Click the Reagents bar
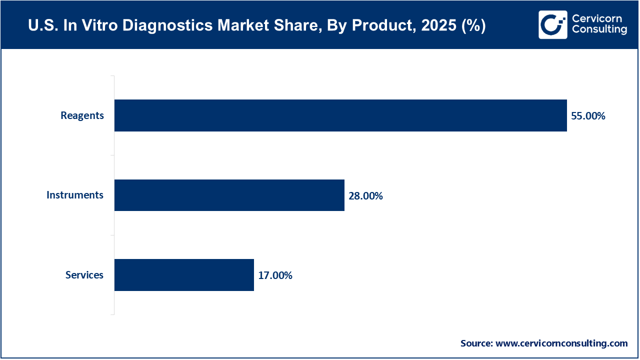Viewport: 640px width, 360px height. coord(340,115)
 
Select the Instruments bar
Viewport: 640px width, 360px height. coord(229,195)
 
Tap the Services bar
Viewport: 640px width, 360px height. coord(184,275)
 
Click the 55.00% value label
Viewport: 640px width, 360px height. coord(588,116)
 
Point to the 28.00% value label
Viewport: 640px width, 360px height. coord(365,196)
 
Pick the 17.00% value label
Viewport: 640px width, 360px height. coord(275,275)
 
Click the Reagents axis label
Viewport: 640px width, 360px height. coord(82,115)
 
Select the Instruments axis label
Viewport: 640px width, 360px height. coord(75,195)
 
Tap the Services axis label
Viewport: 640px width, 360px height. coord(84,275)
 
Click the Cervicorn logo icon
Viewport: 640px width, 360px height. coord(552,24)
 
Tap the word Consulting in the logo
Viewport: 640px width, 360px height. coord(599,30)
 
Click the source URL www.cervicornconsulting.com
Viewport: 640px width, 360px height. coord(562,343)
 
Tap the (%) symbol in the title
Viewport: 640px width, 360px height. coord(471,25)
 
